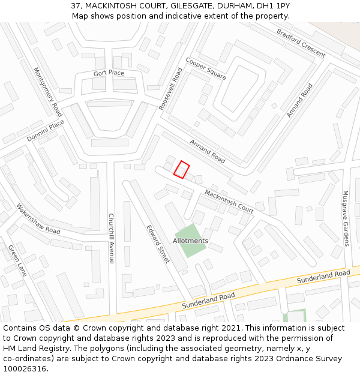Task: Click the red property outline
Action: [x=181, y=170]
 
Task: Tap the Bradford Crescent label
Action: [x=301, y=43]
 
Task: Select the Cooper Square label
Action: [x=206, y=69]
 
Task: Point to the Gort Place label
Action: [x=109, y=73]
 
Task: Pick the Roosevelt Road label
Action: [x=170, y=88]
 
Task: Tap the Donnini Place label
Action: [x=45, y=131]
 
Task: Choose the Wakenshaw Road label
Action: [x=38, y=219]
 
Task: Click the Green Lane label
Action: [x=17, y=260]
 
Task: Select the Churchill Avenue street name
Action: [x=111, y=238]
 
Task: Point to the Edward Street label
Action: [x=158, y=244]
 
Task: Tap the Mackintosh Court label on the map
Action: [x=229, y=201]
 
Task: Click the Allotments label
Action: [x=190, y=241]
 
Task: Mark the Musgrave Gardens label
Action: [x=346, y=218]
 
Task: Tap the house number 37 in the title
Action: [x=76, y=5]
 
